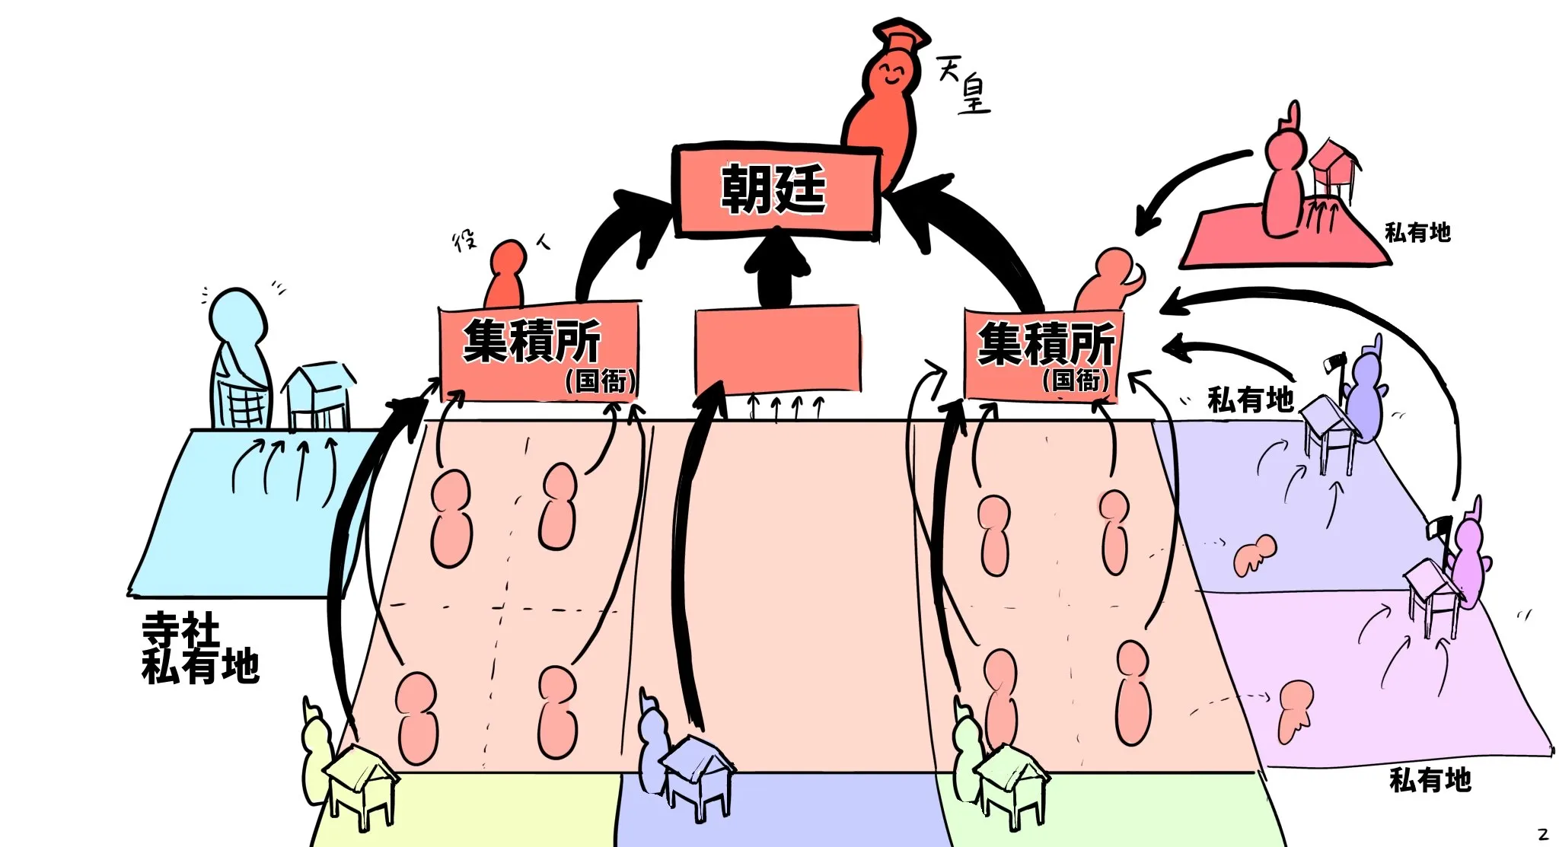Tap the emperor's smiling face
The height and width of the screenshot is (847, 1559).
(889, 75)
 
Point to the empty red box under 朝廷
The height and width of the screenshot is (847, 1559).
(777, 350)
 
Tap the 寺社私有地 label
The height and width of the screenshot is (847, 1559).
(199, 648)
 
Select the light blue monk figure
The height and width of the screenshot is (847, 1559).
(239, 358)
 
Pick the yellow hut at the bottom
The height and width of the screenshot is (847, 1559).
(360, 784)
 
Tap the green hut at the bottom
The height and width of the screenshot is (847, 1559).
(1010, 784)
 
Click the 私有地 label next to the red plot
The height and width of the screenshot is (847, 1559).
(1417, 232)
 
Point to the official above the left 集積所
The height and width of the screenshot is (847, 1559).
(505, 274)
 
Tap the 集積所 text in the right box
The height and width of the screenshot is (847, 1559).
(1045, 344)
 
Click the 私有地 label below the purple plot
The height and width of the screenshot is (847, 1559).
(1430, 780)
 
